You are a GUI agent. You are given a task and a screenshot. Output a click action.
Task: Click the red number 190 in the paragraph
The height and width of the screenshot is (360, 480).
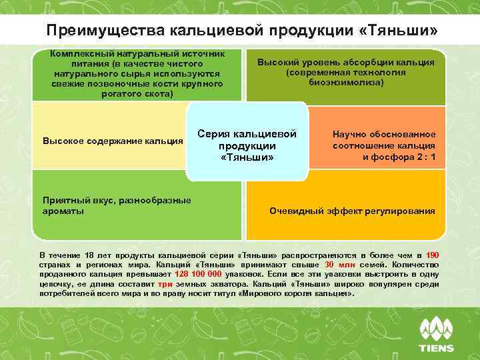click(x=432, y=255)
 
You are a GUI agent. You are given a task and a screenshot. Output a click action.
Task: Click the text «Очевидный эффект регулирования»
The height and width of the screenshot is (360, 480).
click(x=352, y=211)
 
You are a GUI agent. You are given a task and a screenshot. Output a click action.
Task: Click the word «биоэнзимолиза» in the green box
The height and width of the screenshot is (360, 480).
click(x=346, y=82)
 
